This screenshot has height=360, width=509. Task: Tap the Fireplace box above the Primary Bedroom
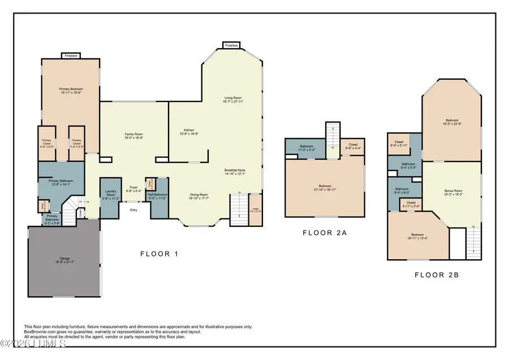pos(71,55)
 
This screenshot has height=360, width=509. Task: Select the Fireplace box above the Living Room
pos(231,45)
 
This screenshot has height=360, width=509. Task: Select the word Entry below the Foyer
pos(133,210)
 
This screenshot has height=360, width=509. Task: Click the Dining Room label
pos(199,196)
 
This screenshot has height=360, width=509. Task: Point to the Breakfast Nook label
pos(234,172)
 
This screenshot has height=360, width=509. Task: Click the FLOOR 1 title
pos(159,254)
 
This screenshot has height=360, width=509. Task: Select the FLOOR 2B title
pos(436,275)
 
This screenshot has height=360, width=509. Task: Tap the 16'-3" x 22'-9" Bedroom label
pos(451,122)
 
